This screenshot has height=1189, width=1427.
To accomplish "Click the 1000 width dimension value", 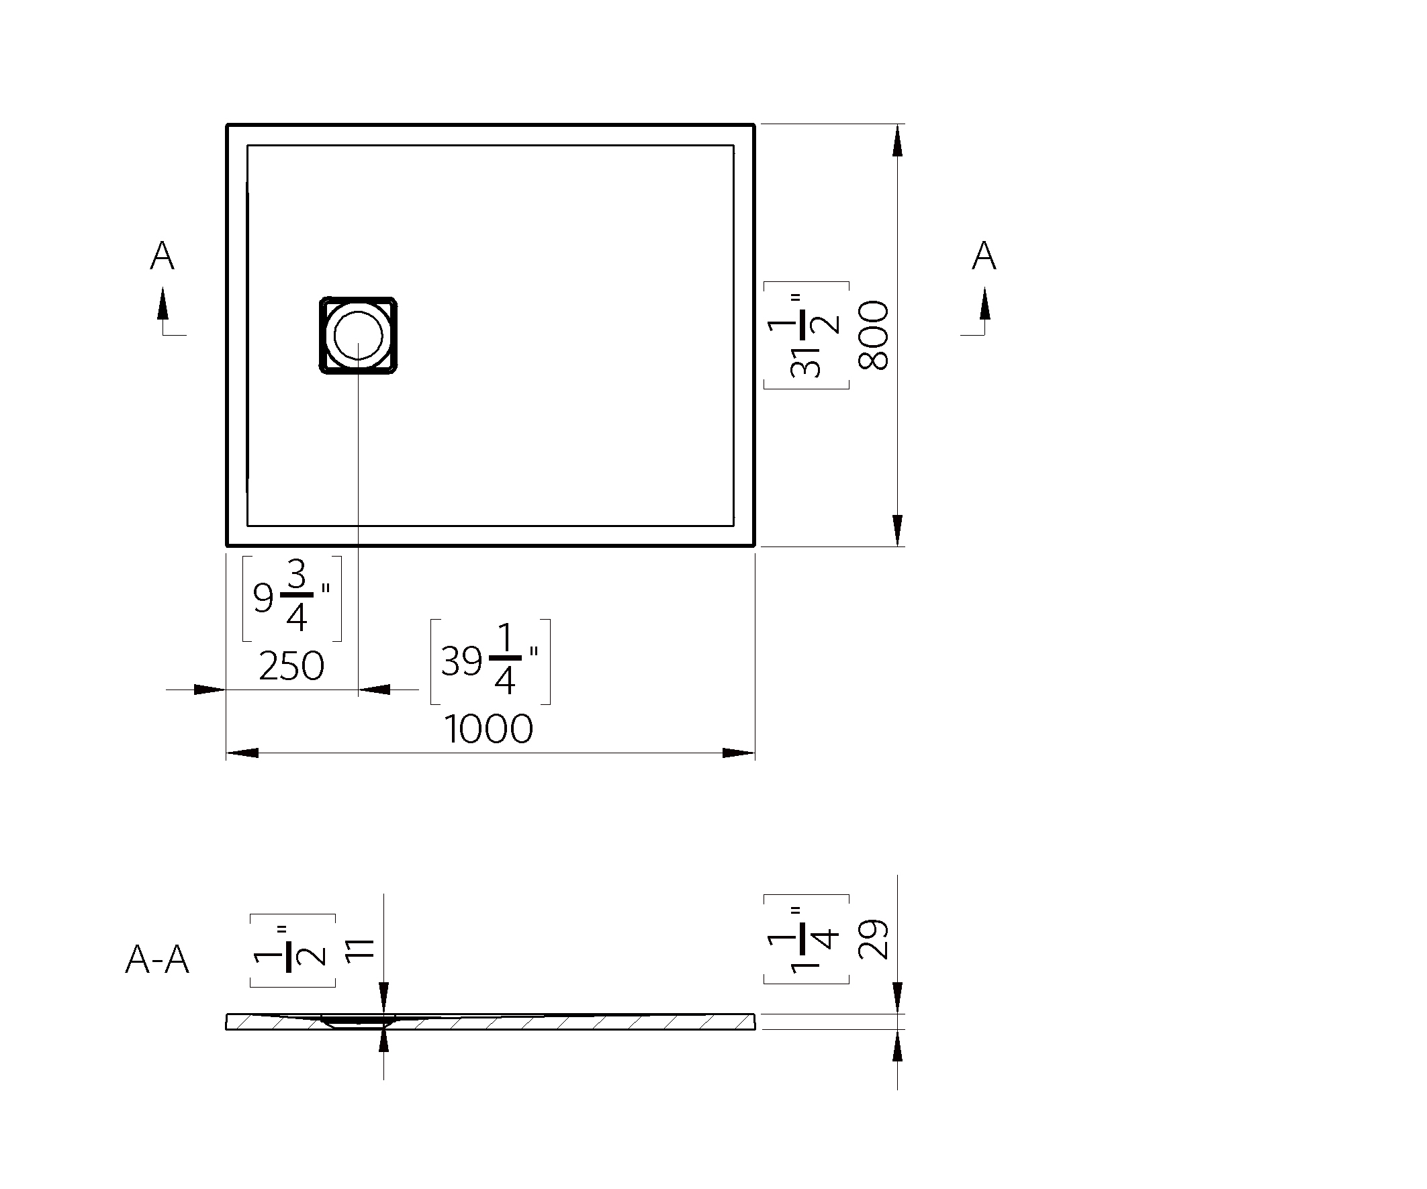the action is tap(489, 729).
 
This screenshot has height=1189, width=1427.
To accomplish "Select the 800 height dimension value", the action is tap(874, 335).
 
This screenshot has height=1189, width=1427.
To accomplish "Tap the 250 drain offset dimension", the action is tap(291, 666).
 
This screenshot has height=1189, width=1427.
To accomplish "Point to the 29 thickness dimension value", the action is tap(874, 939).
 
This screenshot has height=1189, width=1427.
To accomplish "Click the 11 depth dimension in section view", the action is tap(360, 950).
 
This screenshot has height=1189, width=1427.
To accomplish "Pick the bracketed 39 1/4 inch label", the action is tap(490, 662).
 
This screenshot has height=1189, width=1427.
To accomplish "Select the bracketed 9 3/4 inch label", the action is tap(292, 599).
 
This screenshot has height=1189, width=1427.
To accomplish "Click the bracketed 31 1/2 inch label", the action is tap(807, 335).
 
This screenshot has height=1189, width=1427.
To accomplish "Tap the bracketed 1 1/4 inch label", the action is tap(807, 939).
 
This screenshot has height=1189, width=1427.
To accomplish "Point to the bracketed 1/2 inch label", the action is tap(292, 950).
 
